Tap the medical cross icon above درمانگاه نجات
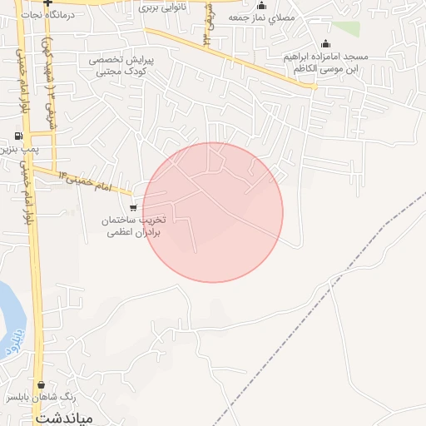(48, 3)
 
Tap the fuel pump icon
(18, 136)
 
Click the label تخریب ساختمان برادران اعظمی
(134, 226)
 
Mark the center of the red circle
(213, 212)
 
